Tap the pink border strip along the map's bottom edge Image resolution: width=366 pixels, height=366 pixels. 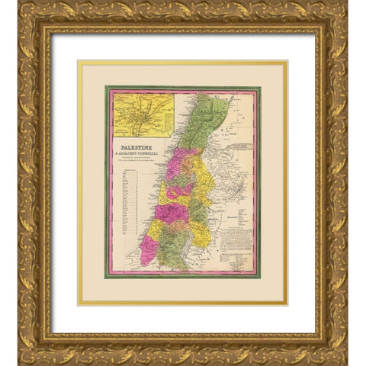pyautogui.click(x=183, y=272)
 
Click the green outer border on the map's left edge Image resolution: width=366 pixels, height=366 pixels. pyautogui.click(x=107, y=183)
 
